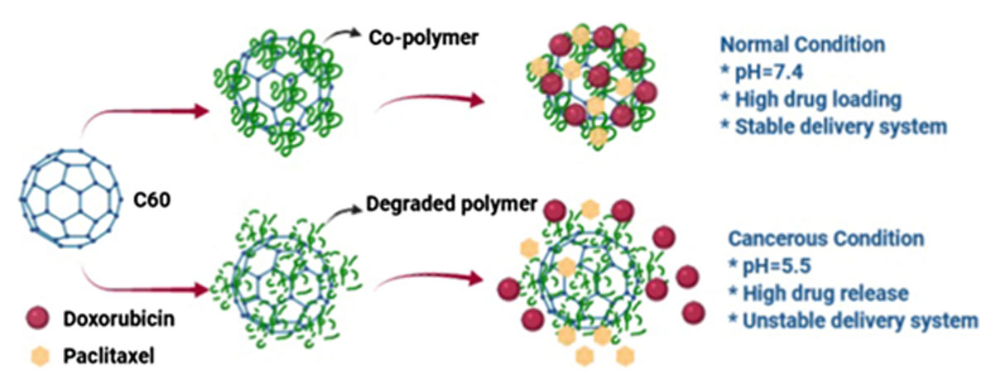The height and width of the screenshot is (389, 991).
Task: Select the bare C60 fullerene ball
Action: (x=71, y=199)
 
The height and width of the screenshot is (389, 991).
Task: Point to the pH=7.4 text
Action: (x=762, y=71)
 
